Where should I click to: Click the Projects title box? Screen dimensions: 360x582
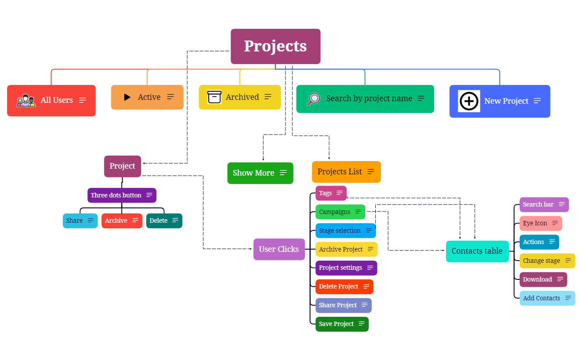pyautogui.click(x=276, y=46)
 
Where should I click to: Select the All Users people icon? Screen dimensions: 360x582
pyautogui.click(x=26, y=101)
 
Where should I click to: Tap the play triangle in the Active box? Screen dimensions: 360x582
pyautogui.click(x=127, y=97)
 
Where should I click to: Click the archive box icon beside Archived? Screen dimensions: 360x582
pyautogui.click(x=214, y=97)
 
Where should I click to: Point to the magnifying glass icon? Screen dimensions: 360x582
pyautogui.click(x=313, y=99)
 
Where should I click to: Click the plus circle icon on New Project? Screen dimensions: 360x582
pyautogui.click(x=469, y=101)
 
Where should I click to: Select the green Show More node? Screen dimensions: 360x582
pyautogui.click(x=260, y=173)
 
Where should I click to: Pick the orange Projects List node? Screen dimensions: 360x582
pyautogui.click(x=346, y=172)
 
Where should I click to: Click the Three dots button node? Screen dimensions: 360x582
pyautogui.click(x=122, y=195)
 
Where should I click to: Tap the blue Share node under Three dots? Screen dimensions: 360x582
pyautogui.click(x=80, y=221)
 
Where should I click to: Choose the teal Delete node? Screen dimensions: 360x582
pyautogui.click(x=164, y=221)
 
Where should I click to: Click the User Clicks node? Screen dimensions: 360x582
pyautogui.click(x=279, y=249)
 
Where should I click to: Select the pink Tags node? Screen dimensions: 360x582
pyautogui.click(x=331, y=193)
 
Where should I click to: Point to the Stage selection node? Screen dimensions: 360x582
pyautogui.click(x=345, y=231)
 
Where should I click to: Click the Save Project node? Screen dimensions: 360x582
pyautogui.click(x=342, y=324)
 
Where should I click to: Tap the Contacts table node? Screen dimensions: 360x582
pyautogui.click(x=477, y=251)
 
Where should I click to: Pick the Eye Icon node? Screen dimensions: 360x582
pyautogui.click(x=540, y=223)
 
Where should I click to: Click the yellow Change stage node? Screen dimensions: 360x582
pyautogui.click(x=547, y=261)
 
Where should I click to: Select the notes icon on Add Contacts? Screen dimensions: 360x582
pyautogui.click(x=568, y=298)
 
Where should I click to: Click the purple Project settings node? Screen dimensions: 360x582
pyautogui.click(x=346, y=268)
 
